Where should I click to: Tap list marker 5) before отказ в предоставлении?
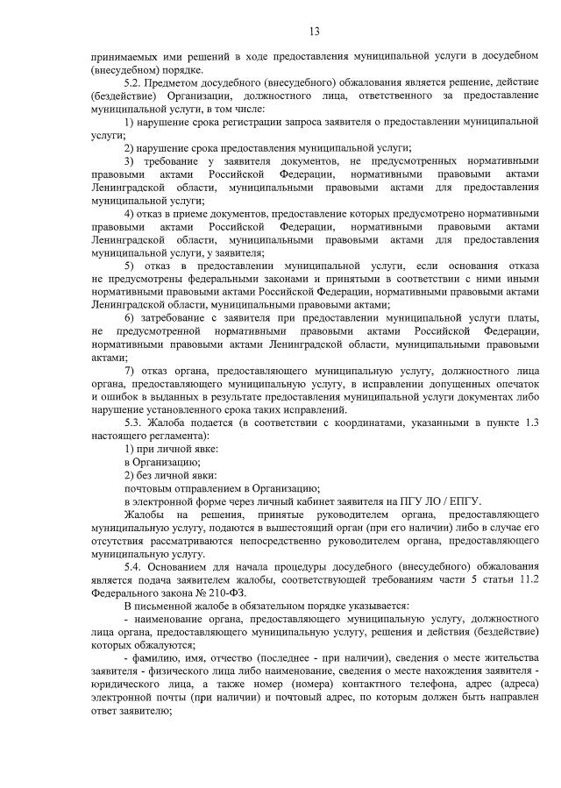pos(130,266)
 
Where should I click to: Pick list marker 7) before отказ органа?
pos(130,370)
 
